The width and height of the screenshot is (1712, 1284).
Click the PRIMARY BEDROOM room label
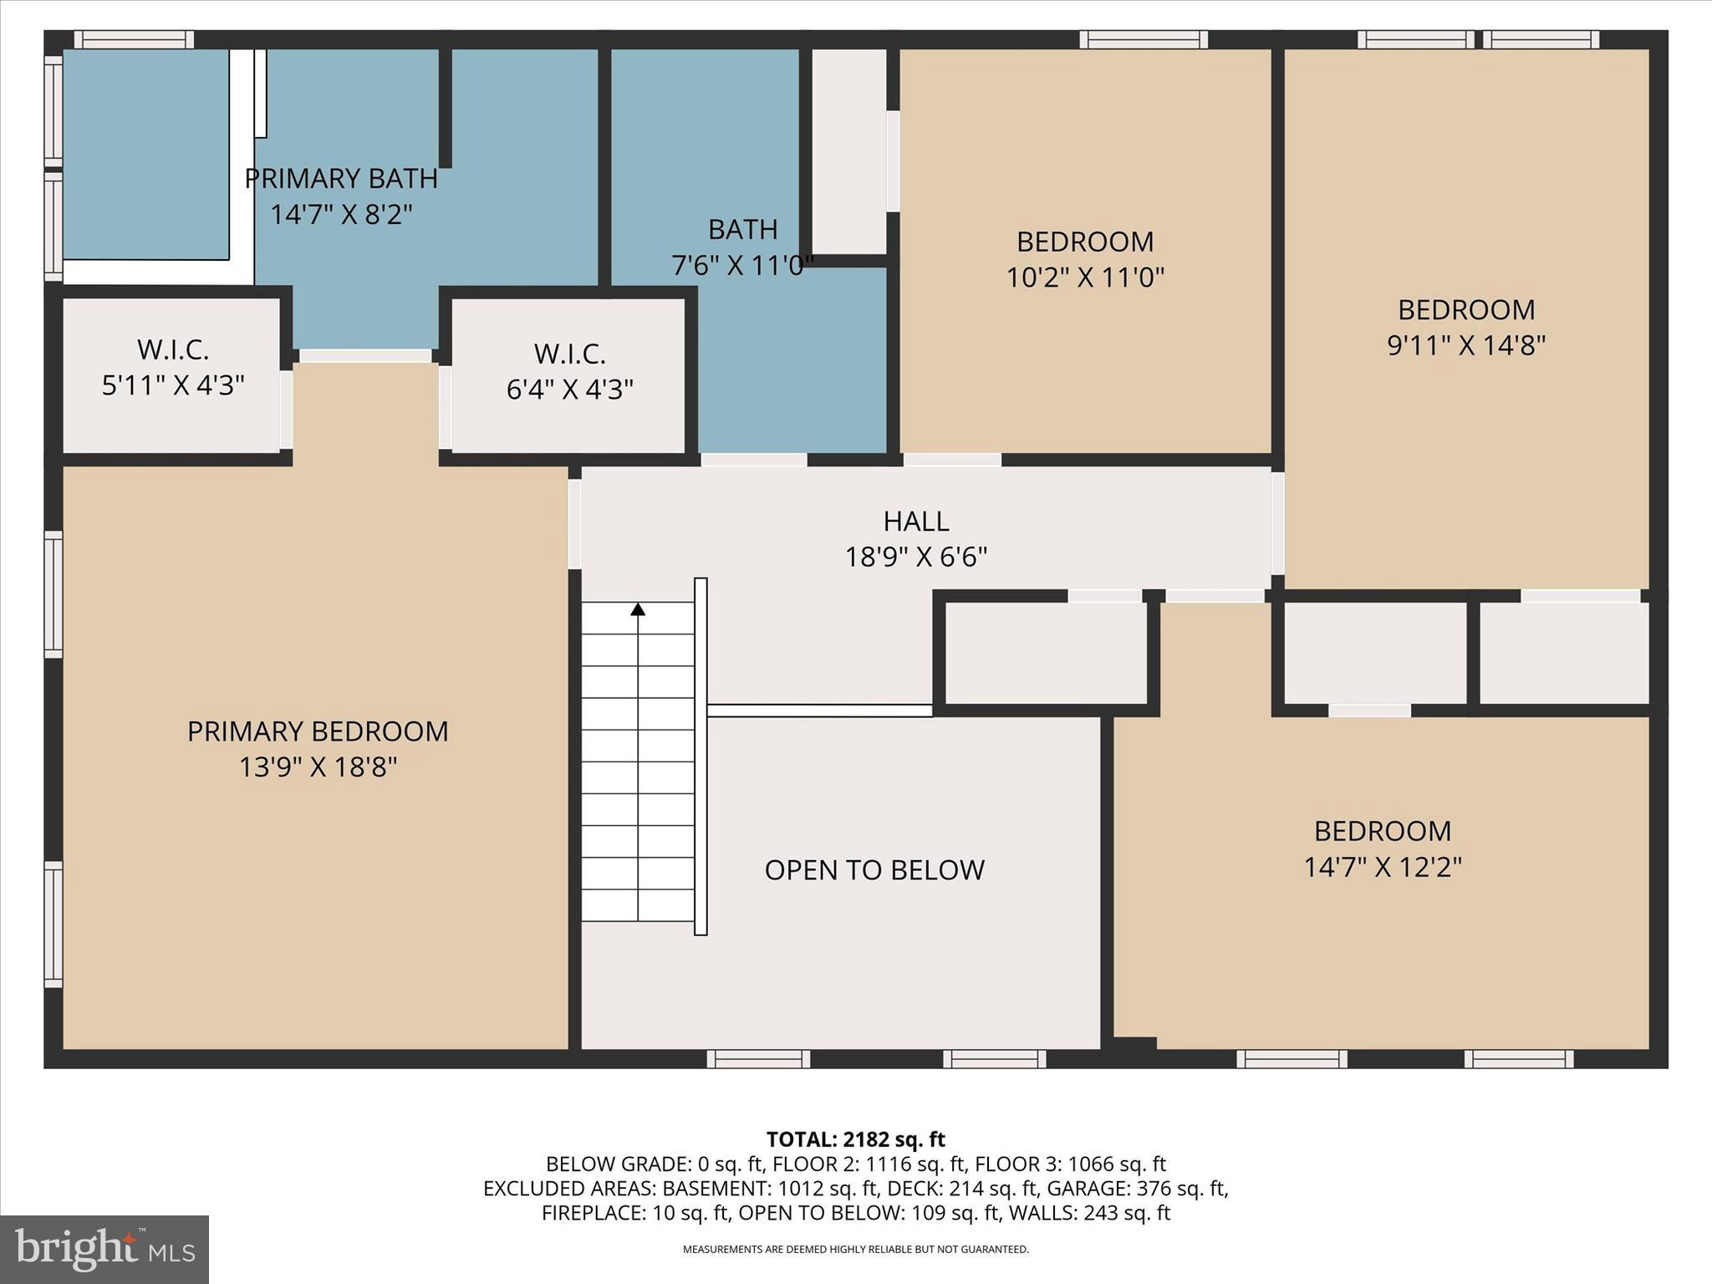click(318, 731)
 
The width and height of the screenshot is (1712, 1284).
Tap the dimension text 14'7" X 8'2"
click(341, 215)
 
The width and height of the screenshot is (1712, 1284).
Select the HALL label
click(916, 522)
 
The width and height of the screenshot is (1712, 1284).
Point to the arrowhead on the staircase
click(638, 609)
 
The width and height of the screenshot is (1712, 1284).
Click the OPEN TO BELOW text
click(874, 870)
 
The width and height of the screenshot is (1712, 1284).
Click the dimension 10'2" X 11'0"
click(1085, 277)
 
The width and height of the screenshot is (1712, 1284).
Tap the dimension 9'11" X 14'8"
click(1466, 345)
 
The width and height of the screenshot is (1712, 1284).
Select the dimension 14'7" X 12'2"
click(1383, 867)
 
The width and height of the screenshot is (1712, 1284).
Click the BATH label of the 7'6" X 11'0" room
click(743, 229)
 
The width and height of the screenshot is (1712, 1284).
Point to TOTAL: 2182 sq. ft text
click(855, 1139)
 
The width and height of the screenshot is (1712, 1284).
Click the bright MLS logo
click(104, 1249)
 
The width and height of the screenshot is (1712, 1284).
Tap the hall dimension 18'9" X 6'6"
click(916, 557)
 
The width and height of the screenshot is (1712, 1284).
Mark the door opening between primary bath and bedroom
click(365, 356)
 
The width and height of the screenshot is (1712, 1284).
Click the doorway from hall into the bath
click(753, 460)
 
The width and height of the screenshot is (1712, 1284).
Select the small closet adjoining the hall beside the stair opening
click(1046, 652)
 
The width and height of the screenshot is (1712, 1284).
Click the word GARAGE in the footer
click(1079, 1188)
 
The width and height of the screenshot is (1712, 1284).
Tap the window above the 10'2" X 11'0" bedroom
click(1143, 39)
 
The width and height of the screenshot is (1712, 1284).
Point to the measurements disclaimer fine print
click(855, 1250)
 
